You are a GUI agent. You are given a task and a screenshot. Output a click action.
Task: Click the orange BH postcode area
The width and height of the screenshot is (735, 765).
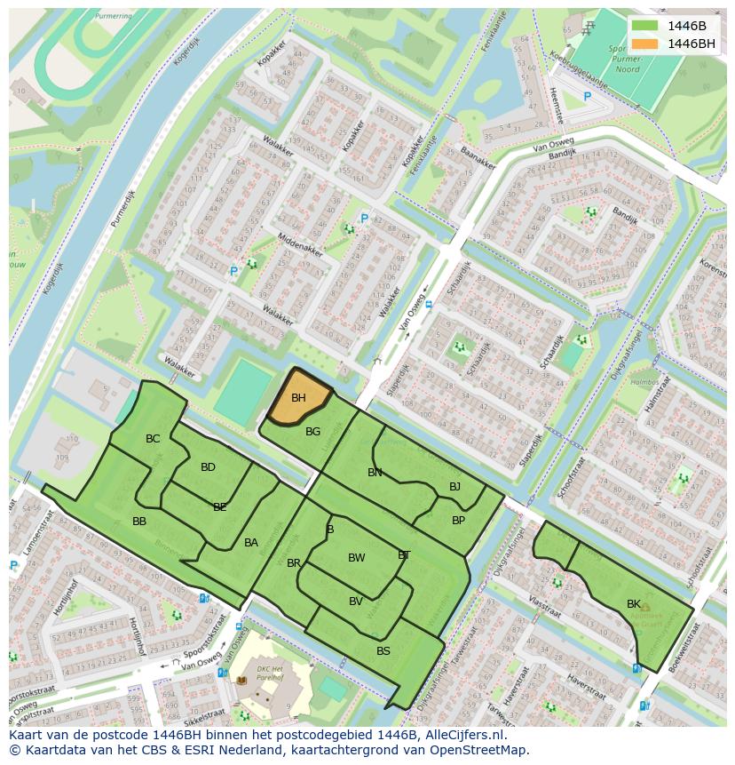coord(299,399)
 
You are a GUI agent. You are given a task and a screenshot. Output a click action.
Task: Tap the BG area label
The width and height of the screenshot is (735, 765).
coord(312,432)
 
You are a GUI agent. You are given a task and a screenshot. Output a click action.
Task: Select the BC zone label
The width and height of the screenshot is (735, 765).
coord(153,439)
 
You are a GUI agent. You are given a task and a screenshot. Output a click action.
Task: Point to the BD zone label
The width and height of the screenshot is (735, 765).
coord(208,467)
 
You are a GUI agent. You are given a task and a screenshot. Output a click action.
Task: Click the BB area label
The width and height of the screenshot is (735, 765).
coord(139,522)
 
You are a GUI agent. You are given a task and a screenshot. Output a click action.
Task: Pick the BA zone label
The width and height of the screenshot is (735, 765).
coord(251,543)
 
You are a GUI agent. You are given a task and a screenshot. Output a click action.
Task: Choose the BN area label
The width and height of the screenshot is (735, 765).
coord(375,473)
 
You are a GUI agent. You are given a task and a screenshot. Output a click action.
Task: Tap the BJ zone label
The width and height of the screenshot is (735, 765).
coord(454,486)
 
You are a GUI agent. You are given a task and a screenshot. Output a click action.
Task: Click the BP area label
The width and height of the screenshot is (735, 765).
coord(458,521)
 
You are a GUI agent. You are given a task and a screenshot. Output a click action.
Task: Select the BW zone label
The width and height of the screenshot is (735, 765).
coord(356,558)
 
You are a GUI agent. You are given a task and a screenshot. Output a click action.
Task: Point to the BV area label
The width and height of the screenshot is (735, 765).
coord(355,602)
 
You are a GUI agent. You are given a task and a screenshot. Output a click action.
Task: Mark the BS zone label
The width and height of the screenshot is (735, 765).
coord(383,651)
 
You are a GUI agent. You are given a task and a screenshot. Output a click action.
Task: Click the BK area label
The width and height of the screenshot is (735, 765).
coord(633,604)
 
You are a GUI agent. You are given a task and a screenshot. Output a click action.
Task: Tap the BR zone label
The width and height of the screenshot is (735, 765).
coord(294,563)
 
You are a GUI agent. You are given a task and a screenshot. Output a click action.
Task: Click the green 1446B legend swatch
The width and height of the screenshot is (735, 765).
coord(645,25)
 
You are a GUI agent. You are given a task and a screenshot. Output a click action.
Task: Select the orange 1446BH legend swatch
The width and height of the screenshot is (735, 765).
coord(645,43)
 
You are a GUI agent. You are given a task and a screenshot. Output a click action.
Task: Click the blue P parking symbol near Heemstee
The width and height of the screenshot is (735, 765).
coord(587,96)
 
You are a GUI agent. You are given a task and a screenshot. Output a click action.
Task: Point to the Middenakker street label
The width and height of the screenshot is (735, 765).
coord(299,240)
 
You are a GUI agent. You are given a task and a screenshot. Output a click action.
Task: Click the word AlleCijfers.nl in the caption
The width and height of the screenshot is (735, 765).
coord(464,736)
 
